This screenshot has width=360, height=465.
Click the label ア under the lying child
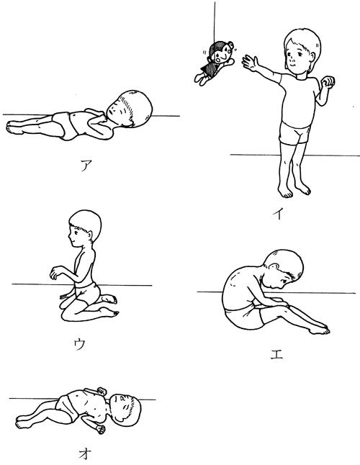(x=86, y=165)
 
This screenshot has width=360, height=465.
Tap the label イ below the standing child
(x=278, y=213)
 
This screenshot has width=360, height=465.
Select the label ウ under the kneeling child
(x=80, y=344)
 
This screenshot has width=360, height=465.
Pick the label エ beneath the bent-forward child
(x=276, y=354)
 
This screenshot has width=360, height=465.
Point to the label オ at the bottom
(x=85, y=453)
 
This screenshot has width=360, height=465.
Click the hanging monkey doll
(x=215, y=63)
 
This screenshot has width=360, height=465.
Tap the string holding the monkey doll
(x=215, y=22)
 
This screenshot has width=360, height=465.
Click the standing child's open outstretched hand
(x=250, y=63)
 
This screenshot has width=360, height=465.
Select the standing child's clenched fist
(x=328, y=82)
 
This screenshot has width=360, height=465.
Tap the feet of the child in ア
(x=15, y=127)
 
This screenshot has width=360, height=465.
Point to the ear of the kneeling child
(x=89, y=235)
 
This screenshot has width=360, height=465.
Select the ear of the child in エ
(x=274, y=266)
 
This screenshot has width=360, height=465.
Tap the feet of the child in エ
(x=319, y=329)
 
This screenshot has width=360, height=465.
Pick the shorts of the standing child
(x=294, y=134)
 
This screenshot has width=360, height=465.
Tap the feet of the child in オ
(x=23, y=422)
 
